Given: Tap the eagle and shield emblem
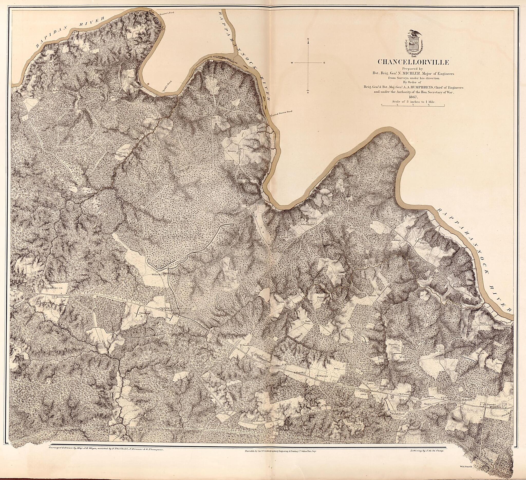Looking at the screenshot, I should click(x=414, y=44).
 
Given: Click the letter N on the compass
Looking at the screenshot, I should click(x=308, y=39).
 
